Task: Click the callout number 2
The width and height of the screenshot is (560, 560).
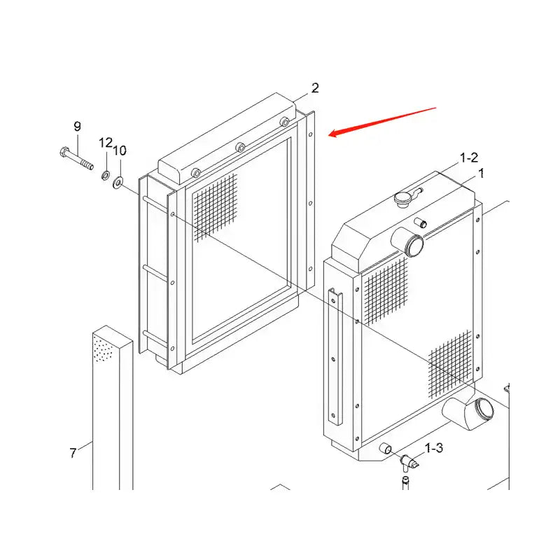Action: (x=315, y=88)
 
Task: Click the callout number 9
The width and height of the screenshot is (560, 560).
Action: (x=77, y=127)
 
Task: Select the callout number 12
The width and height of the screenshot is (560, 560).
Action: (x=105, y=143)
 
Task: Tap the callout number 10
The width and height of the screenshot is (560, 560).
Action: (x=120, y=150)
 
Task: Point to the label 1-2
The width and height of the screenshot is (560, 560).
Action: (x=468, y=159)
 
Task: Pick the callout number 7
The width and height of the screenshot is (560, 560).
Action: (x=73, y=453)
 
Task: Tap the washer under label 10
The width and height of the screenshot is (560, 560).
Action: (x=118, y=183)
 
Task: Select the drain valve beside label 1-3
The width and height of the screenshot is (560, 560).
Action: (x=406, y=461)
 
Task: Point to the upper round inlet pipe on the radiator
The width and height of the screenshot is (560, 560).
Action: (x=412, y=245)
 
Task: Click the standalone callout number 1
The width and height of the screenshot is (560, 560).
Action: (x=481, y=172)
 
